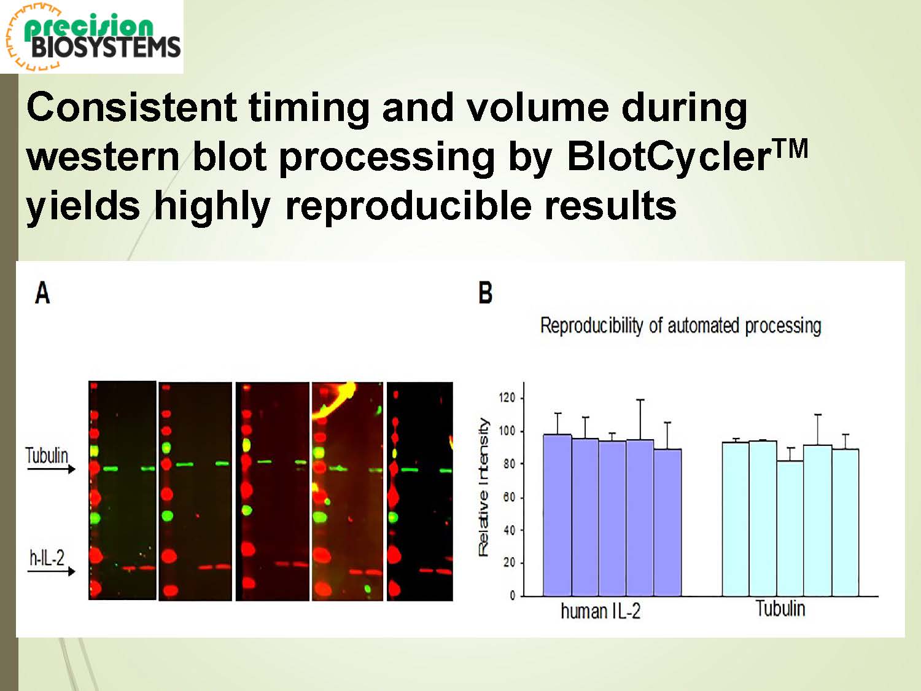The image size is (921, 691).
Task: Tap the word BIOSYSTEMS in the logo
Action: click(106, 47)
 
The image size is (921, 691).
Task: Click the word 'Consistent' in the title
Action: click(132, 107)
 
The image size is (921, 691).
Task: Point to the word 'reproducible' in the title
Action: click(406, 206)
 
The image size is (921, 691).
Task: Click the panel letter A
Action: click(42, 293)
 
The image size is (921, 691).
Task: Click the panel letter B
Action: click(485, 292)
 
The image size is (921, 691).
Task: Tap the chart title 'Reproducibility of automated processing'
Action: click(680, 326)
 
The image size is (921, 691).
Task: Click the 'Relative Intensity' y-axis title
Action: click(484, 487)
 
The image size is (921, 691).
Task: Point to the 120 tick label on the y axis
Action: click(507, 397)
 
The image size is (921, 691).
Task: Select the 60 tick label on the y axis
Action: click(509, 498)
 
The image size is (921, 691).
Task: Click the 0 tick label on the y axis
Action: click(512, 596)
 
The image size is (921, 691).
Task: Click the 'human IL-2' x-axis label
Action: click(600, 612)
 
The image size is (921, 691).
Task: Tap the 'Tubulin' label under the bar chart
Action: click(780, 608)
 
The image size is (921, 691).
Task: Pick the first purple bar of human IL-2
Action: click(558, 515)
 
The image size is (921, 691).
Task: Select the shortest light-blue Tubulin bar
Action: click(790, 529)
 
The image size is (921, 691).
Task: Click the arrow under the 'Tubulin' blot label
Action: click(51, 469)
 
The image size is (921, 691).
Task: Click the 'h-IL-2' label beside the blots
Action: click(47, 558)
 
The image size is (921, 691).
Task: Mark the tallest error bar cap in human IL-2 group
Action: click(640, 400)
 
